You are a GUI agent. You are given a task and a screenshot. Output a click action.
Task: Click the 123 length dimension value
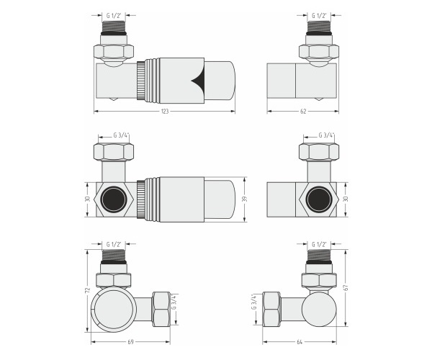coord(164,112)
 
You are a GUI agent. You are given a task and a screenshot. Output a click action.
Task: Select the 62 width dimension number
coord(303,112)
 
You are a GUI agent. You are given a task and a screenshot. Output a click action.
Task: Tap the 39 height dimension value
coord(244,199)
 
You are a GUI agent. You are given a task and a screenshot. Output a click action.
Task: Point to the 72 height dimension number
coord(88,290)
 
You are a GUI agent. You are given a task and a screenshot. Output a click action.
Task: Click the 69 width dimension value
coord(130,342)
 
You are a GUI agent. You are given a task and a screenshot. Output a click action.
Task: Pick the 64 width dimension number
coord(300,342)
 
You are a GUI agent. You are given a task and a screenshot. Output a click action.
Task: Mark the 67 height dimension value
coord(346,287)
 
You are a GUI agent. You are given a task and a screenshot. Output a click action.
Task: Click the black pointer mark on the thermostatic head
coord(198,81)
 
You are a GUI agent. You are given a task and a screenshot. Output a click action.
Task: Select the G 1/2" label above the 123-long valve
coord(114,16)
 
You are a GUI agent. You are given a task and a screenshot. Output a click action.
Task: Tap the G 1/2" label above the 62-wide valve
coord(319,16)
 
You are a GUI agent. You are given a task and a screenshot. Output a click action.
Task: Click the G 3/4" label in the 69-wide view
coord(174,302)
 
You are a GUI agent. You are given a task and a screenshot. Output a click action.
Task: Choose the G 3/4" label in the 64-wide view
coord(254,302)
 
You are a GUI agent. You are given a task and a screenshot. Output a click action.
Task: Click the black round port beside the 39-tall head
coord(114,199)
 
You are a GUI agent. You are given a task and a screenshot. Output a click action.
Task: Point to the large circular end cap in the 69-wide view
coord(114,309)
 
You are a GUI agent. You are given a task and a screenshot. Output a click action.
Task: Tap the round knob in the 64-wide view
coord(319,309)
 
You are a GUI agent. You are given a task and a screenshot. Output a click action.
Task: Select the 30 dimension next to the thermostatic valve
coord(88,199)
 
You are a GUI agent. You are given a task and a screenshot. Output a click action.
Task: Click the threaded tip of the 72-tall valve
coord(114,256)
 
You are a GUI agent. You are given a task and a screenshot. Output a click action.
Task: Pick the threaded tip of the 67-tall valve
coord(319,256)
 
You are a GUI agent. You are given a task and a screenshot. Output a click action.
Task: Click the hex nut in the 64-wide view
coord(271,309)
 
